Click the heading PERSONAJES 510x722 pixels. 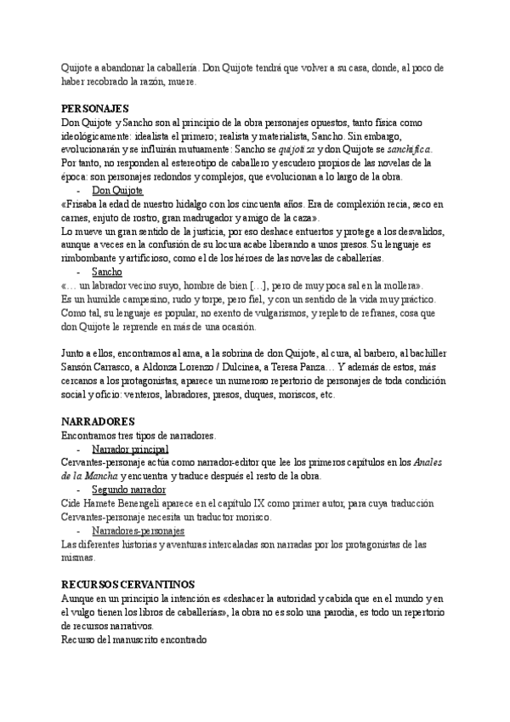[x=95, y=109]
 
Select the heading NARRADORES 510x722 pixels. [x=99, y=422]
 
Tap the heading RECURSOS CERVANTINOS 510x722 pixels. [x=128, y=584]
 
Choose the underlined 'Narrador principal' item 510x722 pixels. [x=130, y=449]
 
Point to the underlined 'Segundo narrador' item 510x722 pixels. [x=128, y=490]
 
